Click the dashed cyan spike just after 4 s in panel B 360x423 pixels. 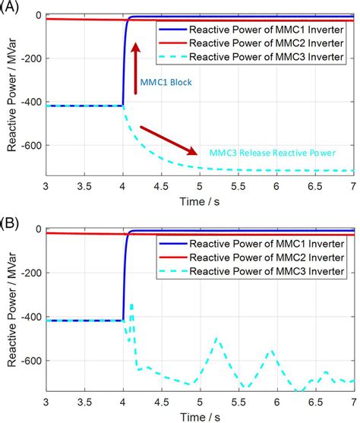click(131, 305)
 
